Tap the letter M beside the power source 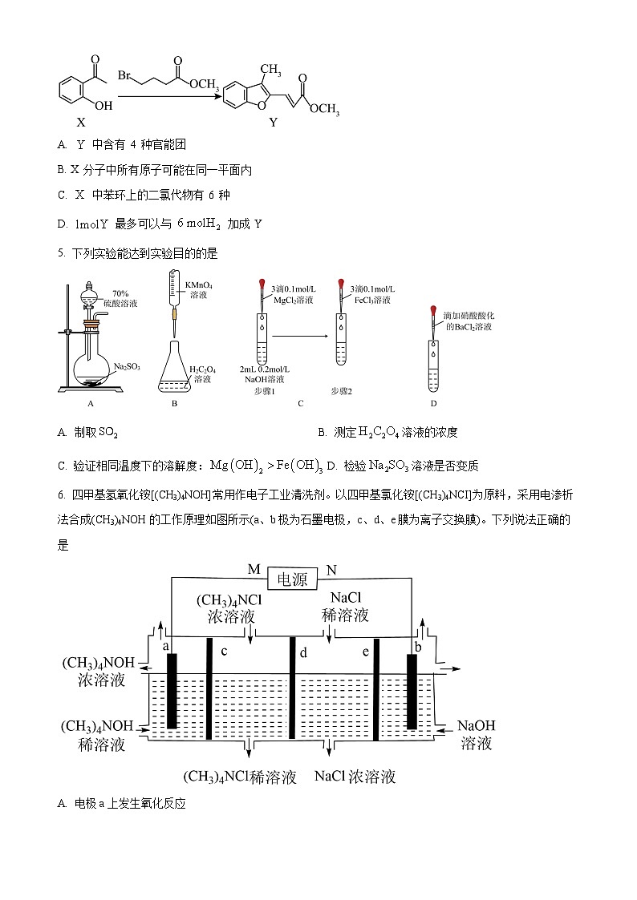(x=254, y=570)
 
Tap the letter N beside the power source (x=331, y=570)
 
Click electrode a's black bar (x=171, y=691)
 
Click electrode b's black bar (x=412, y=691)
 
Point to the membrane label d (x=303, y=653)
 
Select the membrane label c (x=224, y=651)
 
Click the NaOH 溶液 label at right (x=477, y=734)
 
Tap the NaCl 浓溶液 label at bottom (x=355, y=777)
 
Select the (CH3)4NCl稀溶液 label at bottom (x=240, y=777)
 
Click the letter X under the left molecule (x=80, y=123)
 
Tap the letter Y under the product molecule (x=273, y=123)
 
